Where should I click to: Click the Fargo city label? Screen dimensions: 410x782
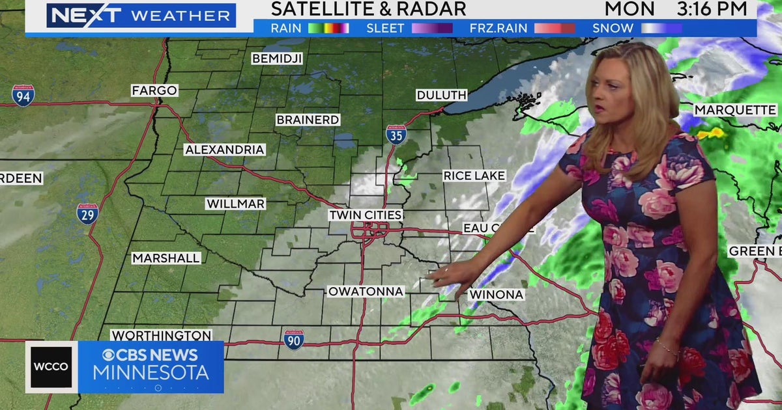coord(154,90)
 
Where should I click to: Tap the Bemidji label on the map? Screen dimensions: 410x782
coord(277,59)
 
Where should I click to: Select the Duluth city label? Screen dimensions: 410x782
coord(441,95)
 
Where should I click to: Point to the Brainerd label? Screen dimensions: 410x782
coord(308,120)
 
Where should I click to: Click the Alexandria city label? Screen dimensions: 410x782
coord(224,150)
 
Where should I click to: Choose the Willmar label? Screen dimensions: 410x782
coord(235,204)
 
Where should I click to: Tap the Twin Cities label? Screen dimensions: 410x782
coord(365,215)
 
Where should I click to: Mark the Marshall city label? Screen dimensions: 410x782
coord(166,258)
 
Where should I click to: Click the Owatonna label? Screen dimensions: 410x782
coord(366,291)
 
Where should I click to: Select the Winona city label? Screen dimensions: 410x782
coord(496,295)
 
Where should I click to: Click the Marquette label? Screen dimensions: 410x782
coord(735,110)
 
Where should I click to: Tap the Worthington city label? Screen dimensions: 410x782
coord(161,336)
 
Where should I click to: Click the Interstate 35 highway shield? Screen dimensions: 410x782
coord(396,134)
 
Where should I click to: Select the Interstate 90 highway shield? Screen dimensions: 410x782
coord(293,340)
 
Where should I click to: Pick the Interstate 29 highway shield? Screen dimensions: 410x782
coord(87,214)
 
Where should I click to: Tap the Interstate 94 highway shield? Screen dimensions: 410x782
coord(23,96)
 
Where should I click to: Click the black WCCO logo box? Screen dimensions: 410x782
coord(51,366)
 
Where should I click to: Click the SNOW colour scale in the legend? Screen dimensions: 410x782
coord(661,28)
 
